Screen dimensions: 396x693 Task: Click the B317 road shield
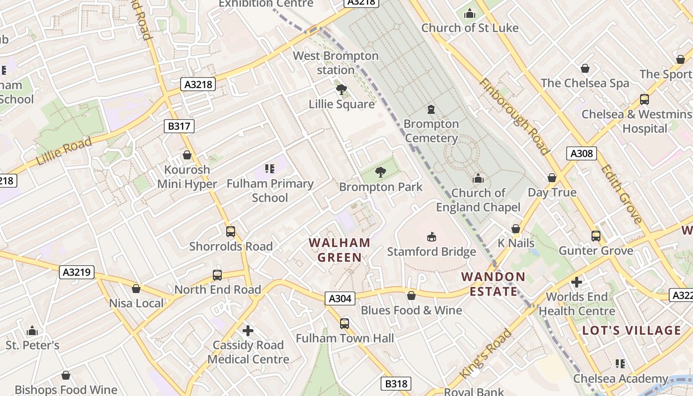(x=179, y=126)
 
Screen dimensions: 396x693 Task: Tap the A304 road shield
(x=341, y=298)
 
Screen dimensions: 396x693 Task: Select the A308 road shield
(x=582, y=153)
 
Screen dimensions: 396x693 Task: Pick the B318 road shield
(x=396, y=384)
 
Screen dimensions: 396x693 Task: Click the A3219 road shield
(x=77, y=272)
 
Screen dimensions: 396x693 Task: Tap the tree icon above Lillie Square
(x=341, y=90)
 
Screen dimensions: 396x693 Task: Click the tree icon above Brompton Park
(x=381, y=172)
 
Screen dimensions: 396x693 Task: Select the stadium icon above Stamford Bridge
(x=432, y=237)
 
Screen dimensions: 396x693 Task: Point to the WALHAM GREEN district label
(x=340, y=250)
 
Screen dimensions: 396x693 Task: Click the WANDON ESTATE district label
(x=494, y=284)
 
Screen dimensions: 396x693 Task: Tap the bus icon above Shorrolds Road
(x=231, y=231)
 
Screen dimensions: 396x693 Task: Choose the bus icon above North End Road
(x=217, y=275)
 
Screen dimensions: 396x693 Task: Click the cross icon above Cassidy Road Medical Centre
(x=248, y=330)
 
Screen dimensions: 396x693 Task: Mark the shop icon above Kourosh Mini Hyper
(x=187, y=155)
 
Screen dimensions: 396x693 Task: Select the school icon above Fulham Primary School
(x=270, y=169)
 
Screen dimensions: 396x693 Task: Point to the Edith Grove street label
(x=621, y=194)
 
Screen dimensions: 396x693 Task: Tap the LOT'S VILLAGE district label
(x=632, y=331)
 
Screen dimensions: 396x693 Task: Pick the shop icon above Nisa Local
(x=136, y=289)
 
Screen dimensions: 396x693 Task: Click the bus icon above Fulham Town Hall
(x=345, y=324)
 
